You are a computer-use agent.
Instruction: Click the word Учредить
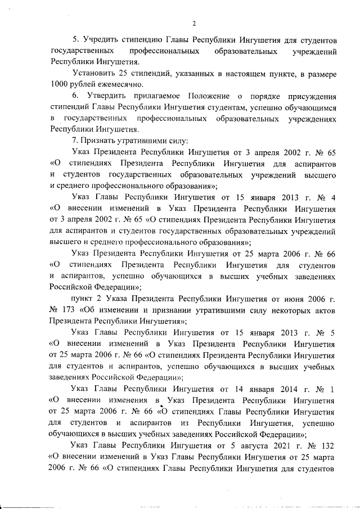[101, 41]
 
